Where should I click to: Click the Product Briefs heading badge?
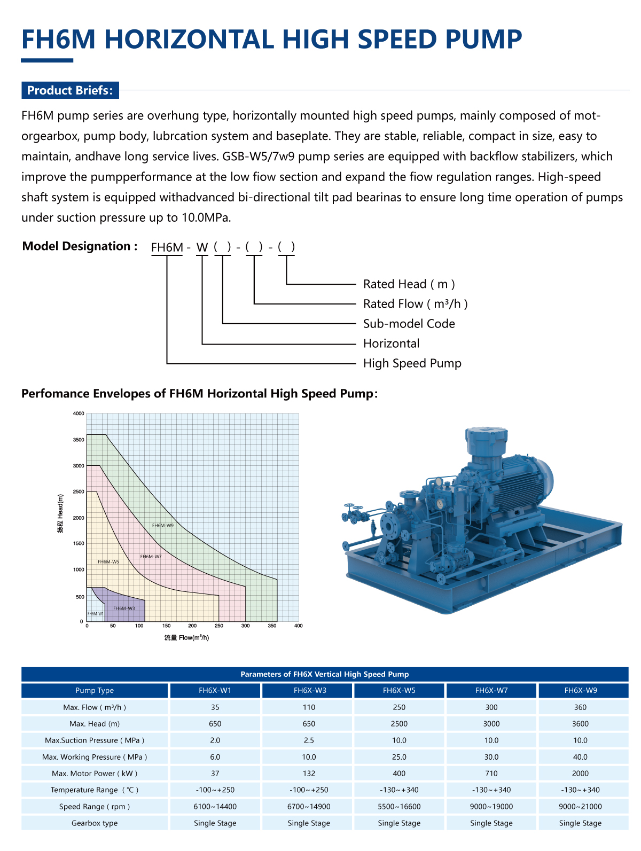pyautogui.click(x=70, y=90)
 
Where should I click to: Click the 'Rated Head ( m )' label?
pyautogui.click(x=409, y=284)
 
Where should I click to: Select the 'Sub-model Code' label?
pyautogui.click(x=409, y=324)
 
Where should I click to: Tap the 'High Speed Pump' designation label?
pyautogui.click(x=412, y=363)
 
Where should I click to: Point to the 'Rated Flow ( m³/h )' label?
pyautogui.click(x=415, y=304)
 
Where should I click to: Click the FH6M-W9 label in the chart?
pyautogui.click(x=162, y=526)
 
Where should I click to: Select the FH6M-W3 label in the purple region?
pyautogui.click(x=124, y=608)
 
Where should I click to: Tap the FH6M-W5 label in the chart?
pyautogui.click(x=108, y=562)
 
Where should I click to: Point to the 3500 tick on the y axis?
pyautogui.click(x=79, y=440)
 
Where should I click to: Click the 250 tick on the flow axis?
pyautogui.click(x=219, y=626)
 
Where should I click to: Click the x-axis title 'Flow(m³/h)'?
pyautogui.click(x=186, y=638)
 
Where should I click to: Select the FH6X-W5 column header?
pyautogui.click(x=399, y=690)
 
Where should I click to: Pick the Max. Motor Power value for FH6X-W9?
pyautogui.click(x=580, y=774)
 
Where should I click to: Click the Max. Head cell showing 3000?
pyautogui.click(x=491, y=724)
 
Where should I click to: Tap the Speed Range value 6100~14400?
pyautogui.click(x=215, y=807)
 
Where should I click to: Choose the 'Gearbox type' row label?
pyautogui.click(x=95, y=823)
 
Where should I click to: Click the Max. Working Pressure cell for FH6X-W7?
pyautogui.click(x=491, y=757)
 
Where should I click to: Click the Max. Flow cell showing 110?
pyautogui.click(x=309, y=707)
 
